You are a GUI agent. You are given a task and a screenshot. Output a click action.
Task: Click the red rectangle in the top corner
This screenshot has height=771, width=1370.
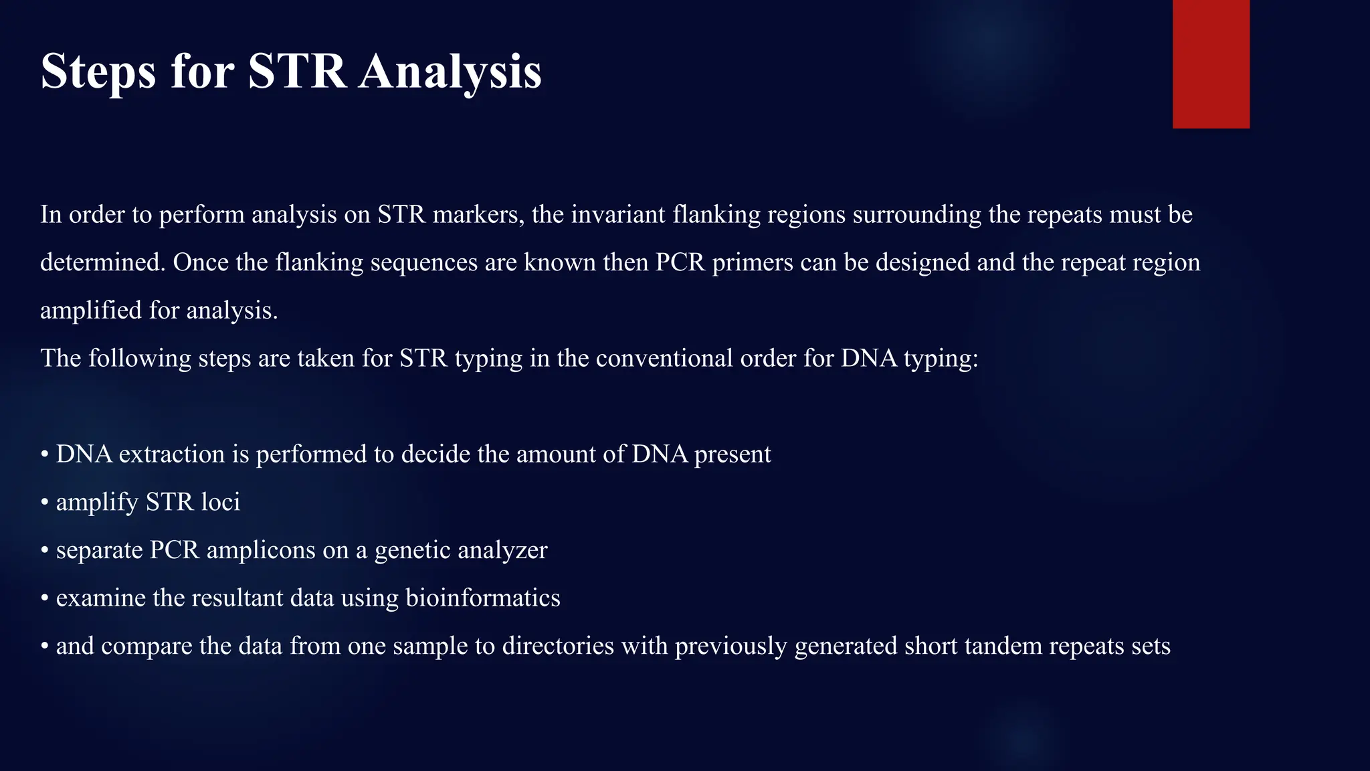point(1211,64)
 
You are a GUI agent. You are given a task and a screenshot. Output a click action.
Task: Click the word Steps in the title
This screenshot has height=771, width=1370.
point(98,72)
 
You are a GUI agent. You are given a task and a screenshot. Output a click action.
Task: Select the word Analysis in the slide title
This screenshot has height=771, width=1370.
point(450,72)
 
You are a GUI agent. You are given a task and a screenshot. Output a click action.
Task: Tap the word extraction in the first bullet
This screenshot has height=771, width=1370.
point(172,454)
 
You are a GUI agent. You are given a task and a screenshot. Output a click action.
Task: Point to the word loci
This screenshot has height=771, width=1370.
point(220,502)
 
